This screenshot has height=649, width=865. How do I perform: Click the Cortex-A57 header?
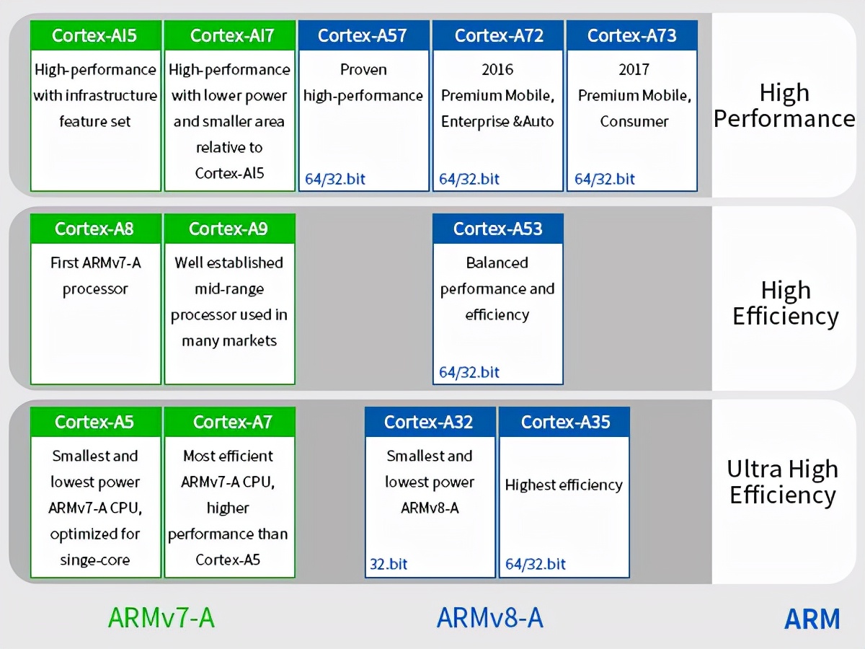(363, 35)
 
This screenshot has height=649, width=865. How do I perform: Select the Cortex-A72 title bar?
(497, 35)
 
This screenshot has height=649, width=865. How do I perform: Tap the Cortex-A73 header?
(631, 35)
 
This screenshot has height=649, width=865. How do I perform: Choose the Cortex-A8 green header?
(95, 229)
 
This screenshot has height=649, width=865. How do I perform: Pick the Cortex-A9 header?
(229, 229)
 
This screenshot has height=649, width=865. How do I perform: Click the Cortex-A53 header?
(497, 229)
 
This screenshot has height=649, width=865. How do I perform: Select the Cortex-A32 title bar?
(430, 422)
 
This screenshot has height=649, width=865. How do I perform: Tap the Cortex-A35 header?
(564, 422)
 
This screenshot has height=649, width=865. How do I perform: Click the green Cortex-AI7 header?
(229, 35)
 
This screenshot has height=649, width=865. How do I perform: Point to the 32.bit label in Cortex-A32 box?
(389, 564)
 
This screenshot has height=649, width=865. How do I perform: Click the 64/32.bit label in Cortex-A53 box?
(469, 372)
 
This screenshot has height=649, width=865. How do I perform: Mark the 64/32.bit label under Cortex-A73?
(605, 179)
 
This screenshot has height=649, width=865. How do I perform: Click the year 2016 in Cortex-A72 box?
(497, 70)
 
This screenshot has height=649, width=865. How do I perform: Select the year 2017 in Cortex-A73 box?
(634, 70)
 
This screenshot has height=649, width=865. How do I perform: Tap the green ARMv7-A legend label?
(161, 617)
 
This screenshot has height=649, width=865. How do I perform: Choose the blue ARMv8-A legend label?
(489, 617)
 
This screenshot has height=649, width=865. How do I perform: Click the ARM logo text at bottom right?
(812, 619)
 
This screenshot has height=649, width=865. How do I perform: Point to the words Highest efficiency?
(564, 485)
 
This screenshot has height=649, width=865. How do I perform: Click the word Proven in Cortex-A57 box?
(363, 70)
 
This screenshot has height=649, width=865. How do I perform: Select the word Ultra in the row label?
(757, 469)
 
